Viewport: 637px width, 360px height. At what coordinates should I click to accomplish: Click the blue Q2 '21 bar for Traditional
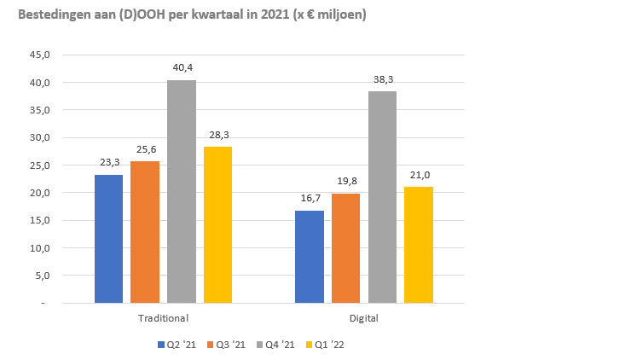point(108,239)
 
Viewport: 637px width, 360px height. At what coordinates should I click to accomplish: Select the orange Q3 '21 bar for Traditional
point(145,232)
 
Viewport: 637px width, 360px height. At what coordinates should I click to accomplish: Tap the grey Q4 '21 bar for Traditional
point(182,192)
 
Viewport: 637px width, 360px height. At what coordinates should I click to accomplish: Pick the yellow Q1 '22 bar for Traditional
point(217,224)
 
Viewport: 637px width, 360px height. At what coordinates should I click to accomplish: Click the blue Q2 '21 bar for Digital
point(310,257)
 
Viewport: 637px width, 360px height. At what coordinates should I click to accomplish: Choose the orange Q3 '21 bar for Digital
point(345,248)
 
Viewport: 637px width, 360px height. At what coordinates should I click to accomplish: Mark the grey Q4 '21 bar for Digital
point(382,197)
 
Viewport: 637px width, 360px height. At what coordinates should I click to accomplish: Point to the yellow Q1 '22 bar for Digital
point(419,245)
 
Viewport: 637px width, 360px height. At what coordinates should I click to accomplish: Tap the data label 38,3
point(383,79)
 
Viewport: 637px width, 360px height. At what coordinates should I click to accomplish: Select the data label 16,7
point(310,199)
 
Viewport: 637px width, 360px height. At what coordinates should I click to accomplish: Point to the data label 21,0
point(419,175)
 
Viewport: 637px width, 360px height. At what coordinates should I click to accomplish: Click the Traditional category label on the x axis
point(163,318)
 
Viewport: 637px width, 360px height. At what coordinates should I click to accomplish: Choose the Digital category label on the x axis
point(364,318)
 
